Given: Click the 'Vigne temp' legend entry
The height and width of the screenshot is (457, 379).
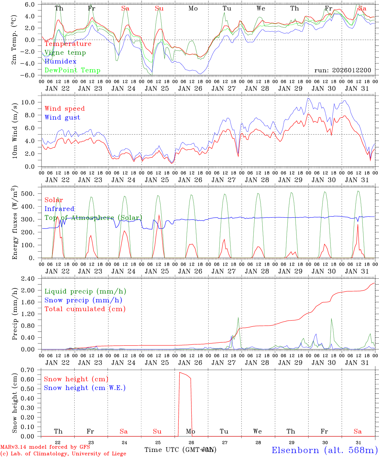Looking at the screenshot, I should coord(65,53).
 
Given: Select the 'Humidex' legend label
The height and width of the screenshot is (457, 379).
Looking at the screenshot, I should coord(60,62).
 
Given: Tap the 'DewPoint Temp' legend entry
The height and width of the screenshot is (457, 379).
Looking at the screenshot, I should coord(72,70).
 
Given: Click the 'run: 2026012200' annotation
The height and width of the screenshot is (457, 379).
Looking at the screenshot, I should coord(342,70).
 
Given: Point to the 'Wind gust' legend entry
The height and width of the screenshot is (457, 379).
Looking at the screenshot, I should coord(62,117).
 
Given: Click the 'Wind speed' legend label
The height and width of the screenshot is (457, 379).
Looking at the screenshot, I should coord(65,109).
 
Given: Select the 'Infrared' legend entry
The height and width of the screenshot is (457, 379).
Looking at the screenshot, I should coord(59,209).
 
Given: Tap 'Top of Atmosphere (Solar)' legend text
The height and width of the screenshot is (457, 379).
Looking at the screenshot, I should coord(93,218).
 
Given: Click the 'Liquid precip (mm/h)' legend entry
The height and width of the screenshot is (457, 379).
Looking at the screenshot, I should coord(85,291).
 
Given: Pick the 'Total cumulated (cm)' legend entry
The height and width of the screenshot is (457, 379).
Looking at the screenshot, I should coord(85,309).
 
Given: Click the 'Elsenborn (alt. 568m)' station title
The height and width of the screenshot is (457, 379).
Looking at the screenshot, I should coord(324,450).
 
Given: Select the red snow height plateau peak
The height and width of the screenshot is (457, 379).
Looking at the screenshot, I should coord(180,372).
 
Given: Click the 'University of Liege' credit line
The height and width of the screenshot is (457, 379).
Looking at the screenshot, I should coord(63,454).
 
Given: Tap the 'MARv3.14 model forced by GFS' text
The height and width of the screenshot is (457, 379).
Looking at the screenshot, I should coord(45,447).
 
